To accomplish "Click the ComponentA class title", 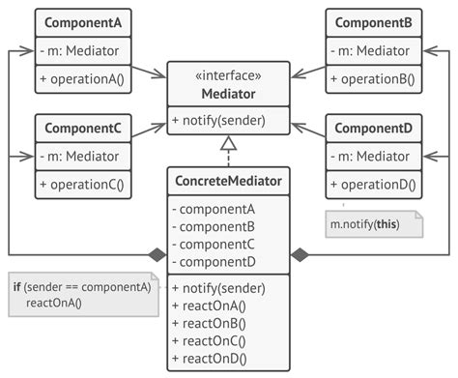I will point(83,21).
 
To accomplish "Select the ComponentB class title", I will point(374,21).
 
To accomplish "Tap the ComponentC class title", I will point(83,127).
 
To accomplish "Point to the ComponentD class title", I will point(374,127).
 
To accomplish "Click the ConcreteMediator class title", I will point(229,181).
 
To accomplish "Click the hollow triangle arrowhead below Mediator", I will point(229,145).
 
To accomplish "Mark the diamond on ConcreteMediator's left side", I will point(157,255).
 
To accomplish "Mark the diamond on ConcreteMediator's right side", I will point(301,255).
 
